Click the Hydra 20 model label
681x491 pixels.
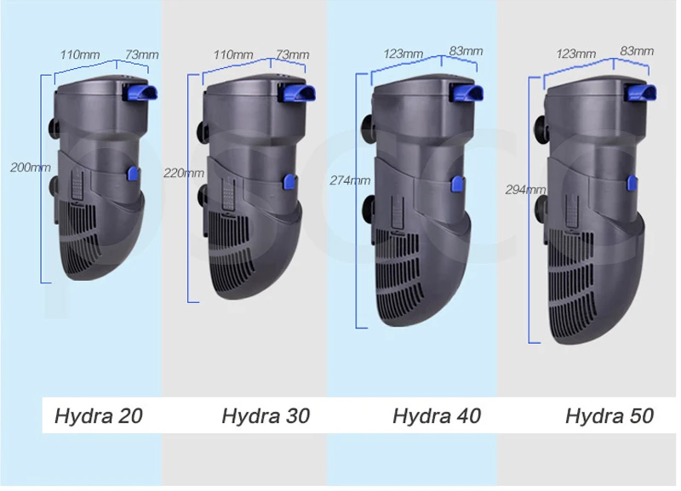[99, 416]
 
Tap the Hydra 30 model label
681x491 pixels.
[266, 416]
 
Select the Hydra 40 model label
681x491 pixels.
[437, 416]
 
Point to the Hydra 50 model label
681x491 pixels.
[609, 416]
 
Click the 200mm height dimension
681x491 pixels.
[31, 168]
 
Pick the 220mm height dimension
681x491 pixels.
[184, 174]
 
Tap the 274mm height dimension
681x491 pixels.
[350, 180]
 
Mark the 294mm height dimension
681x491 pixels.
[525, 190]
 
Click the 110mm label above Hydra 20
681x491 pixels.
[80, 54]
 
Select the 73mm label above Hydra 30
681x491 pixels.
[293, 54]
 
